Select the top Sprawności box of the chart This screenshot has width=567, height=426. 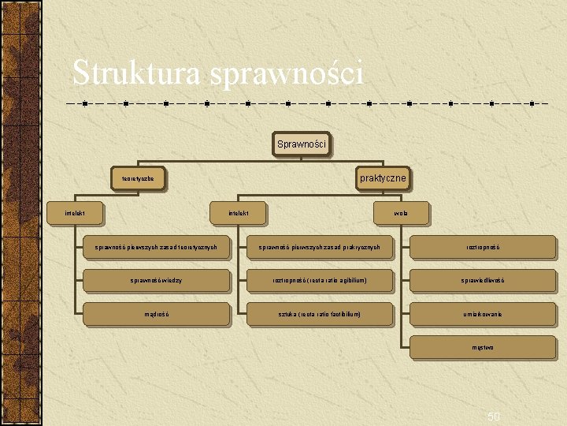point(301,144)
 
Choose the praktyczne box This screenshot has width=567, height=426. point(383,178)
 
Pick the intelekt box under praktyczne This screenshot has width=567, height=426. point(239,212)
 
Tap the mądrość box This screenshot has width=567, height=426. point(156,314)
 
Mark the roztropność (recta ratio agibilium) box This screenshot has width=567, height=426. point(320,280)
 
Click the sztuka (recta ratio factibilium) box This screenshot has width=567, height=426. point(320,314)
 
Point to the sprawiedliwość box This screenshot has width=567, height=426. point(483,280)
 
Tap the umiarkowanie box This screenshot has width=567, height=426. point(483,314)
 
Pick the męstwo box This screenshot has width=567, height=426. point(483,347)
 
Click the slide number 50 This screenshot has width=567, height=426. point(494,416)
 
